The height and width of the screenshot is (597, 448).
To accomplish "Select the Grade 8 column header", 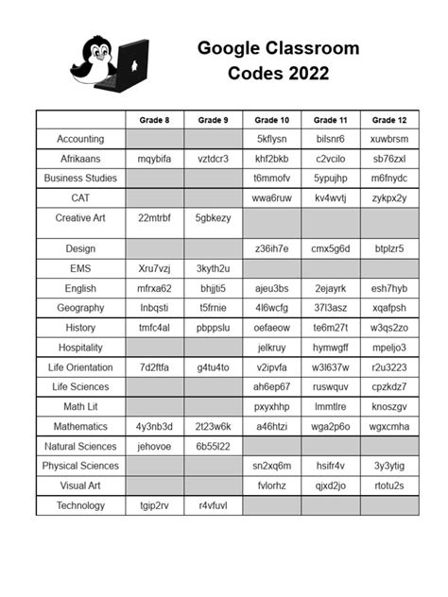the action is click(154, 120).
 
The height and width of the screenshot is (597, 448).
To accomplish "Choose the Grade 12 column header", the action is click(388, 120).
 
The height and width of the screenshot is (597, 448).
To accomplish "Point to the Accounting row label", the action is click(80, 139).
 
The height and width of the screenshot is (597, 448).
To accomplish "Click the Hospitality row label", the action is click(80, 348).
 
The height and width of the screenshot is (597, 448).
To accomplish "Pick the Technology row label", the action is click(80, 505).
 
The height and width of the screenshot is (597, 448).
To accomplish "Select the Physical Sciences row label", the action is click(80, 466).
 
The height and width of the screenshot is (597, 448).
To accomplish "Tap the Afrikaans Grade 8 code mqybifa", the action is click(154, 158).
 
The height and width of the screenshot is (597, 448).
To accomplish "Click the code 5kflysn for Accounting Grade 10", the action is click(272, 139).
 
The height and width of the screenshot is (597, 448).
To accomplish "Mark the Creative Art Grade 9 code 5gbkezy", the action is click(213, 218).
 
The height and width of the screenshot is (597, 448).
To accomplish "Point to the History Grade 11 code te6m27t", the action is click(331, 328).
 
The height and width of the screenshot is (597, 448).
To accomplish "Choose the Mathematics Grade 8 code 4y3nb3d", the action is click(154, 426).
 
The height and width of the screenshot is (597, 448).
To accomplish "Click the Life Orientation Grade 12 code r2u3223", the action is click(388, 367).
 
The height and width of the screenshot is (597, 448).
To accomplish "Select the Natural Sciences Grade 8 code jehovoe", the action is click(154, 446).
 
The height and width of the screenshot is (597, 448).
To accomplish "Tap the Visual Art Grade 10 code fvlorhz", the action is click(272, 486).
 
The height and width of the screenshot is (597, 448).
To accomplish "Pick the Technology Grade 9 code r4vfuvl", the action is click(213, 505).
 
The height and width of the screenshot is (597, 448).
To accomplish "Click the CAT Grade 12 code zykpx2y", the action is click(388, 198).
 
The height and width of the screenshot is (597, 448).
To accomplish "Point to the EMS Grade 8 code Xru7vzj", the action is click(154, 268).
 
